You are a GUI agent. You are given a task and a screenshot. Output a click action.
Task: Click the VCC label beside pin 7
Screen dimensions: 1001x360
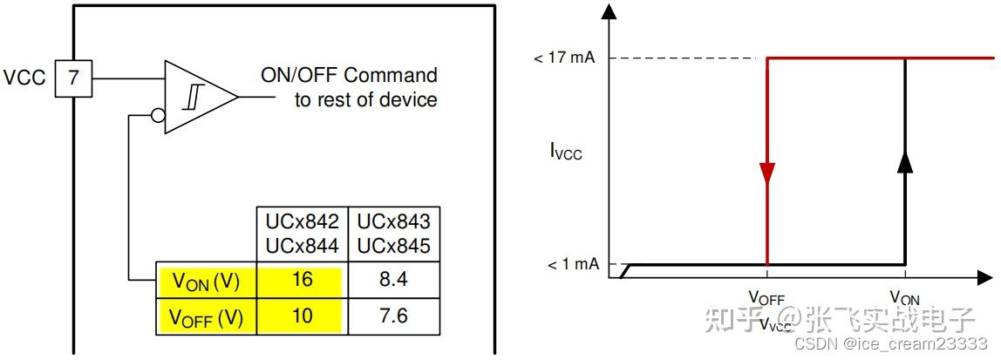[25, 78]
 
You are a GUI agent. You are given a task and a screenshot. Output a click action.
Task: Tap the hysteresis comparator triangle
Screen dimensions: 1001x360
[201, 97]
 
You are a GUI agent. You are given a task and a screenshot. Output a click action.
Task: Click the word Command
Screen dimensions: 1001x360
[391, 75]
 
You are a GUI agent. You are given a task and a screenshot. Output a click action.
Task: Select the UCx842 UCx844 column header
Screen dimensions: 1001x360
[303, 234]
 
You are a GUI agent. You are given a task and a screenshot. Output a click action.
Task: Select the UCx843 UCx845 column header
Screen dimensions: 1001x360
[393, 234]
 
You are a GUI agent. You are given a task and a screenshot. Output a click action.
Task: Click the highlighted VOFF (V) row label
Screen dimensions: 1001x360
[206, 317]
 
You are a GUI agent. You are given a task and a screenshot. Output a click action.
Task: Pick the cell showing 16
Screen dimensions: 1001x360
[302, 280]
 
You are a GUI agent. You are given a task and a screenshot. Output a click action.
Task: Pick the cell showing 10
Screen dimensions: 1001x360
[302, 316]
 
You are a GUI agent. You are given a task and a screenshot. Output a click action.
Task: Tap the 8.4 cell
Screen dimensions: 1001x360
[393, 280]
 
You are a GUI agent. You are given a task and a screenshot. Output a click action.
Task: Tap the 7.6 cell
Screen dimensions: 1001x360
[393, 316]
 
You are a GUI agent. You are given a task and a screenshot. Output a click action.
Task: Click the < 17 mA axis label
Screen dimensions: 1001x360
[566, 58]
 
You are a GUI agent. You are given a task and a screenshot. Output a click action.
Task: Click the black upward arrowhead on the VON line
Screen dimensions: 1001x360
[904, 161]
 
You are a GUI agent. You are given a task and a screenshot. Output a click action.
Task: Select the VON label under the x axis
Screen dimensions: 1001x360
[905, 297]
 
